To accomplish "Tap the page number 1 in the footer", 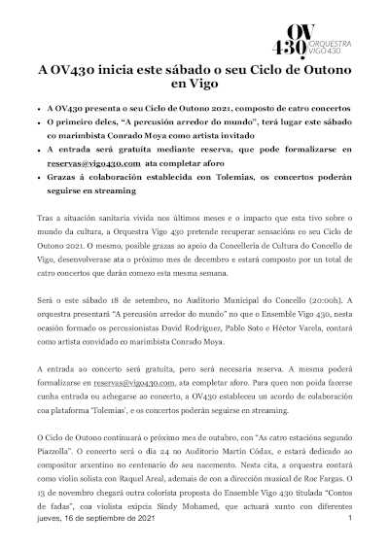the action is click(x=349, y=520).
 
